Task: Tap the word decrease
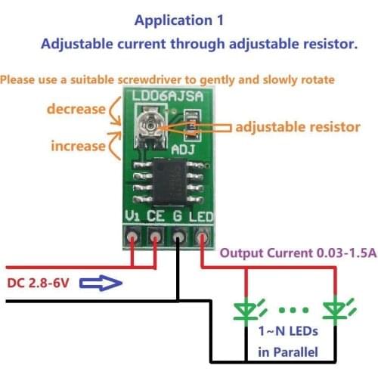pos(76,109)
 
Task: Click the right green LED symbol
pos(335,308)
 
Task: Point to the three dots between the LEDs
pos(292,309)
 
